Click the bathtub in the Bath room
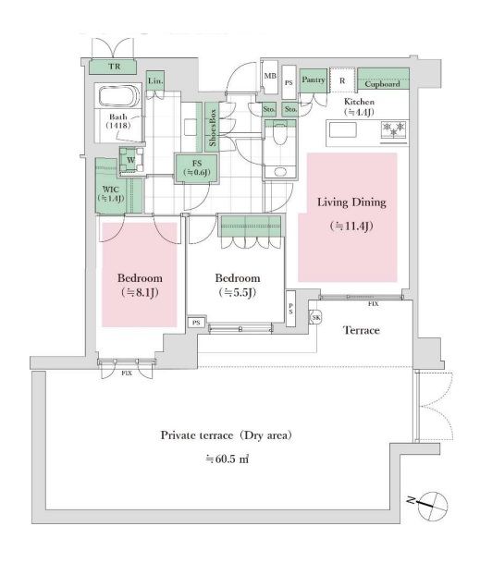[119, 96]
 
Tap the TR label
[115, 67]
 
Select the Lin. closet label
[155, 80]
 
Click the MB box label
[270, 76]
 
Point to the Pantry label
[313, 80]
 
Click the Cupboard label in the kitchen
[382, 84]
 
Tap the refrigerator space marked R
[342, 80]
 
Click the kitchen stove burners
[394, 129]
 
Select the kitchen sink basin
[343, 129]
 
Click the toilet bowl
[280, 133]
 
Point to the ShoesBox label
[213, 128]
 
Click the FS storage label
[196, 168]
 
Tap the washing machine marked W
[130, 160]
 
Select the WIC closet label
[111, 194]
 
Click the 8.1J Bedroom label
[140, 286]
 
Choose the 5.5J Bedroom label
[238, 286]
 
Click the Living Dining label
[351, 202]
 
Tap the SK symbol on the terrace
[315, 317]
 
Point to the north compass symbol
[432, 506]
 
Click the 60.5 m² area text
[228, 459]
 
